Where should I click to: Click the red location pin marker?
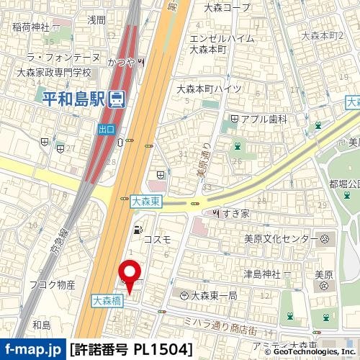130,274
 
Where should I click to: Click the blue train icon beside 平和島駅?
115,100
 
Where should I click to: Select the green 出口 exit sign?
107,129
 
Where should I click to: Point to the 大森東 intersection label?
147,204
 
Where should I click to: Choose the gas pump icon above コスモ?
137,230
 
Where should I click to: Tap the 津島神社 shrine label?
261,274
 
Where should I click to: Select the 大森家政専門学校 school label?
53,73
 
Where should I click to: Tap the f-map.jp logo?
32,350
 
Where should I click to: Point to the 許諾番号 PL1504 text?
132,350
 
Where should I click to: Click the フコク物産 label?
52,285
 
